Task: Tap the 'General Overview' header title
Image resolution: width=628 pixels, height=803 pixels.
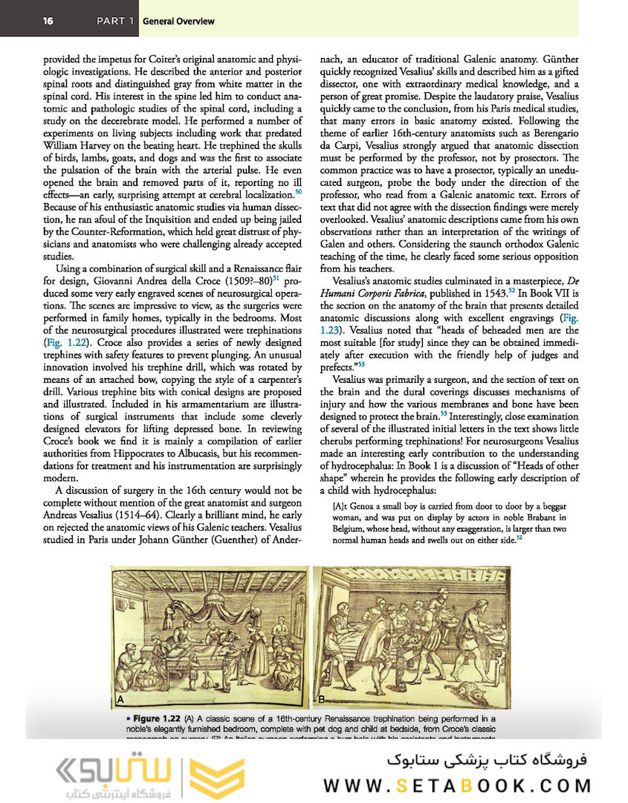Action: click(x=178, y=21)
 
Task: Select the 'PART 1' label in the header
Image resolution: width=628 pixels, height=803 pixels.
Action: click(x=115, y=21)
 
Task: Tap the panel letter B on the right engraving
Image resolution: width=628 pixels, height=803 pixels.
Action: click(x=322, y=700)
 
